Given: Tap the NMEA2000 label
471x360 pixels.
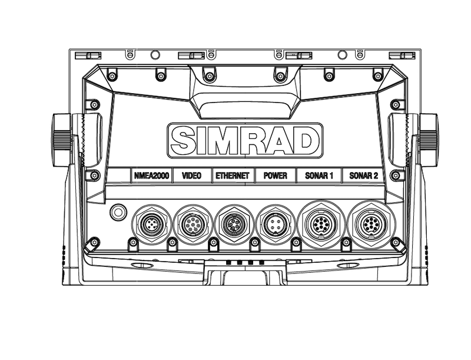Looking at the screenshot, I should (151, 176).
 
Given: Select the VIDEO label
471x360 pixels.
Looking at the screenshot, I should (192, 176).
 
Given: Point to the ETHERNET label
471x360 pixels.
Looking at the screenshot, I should (233, 176).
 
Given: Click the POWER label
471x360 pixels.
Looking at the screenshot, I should (276, 176).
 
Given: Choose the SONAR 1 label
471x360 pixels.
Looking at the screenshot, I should (319, 176).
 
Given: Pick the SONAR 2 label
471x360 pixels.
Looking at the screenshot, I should (364, 176).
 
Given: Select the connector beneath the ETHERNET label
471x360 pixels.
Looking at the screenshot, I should (233, 224).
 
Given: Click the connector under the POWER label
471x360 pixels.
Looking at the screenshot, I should (275, 224).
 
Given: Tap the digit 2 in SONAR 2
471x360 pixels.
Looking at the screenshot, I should (375, 176).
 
